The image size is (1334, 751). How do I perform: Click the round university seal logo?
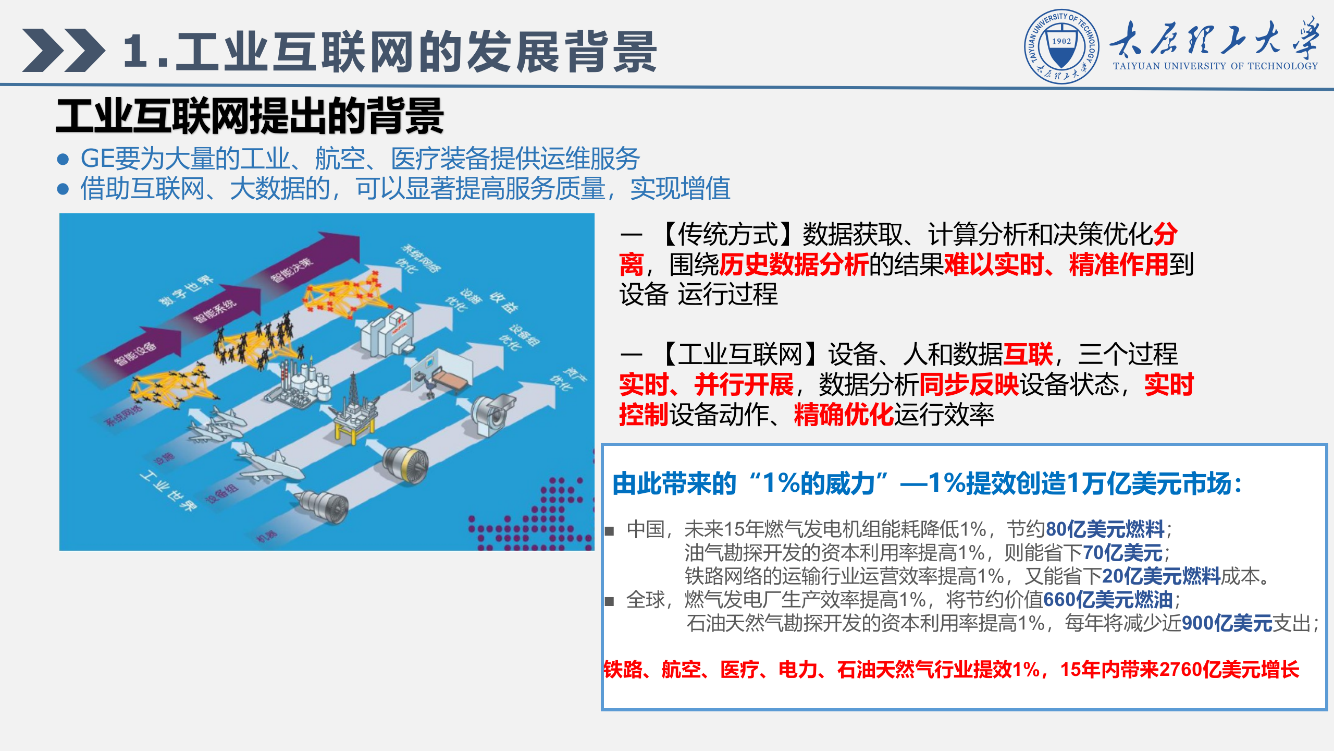pos(1061,46)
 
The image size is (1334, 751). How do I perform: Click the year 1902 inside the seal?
pos(1061,41)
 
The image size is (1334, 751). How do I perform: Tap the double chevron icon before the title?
pos(63,50)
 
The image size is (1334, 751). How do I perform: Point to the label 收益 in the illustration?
pos(503,302)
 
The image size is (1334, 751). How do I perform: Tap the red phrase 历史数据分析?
pos(794,264)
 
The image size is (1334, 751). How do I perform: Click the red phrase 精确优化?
pos(844,415)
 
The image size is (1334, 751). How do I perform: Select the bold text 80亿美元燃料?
pos(1105,529)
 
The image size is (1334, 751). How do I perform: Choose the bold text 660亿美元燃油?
pos(1108,600)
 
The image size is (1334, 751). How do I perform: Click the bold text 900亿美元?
pos(1227,623)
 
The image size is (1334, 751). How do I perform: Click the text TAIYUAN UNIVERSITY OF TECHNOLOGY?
pos(1215,66)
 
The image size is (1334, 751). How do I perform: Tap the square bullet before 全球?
pos(609,601)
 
